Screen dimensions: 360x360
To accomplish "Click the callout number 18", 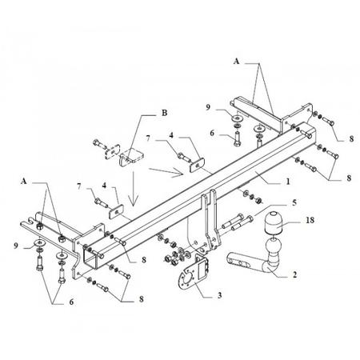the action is (310, 220).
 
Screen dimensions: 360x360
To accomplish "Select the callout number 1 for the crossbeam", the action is (288, 182).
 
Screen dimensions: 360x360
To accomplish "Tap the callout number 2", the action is (294, 274).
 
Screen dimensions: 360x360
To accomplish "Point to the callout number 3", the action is (219, 295).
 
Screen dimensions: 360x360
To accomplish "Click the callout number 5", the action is (294, 202).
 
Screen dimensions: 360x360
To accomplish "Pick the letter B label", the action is (165, 113).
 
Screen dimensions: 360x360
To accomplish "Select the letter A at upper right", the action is (236, 62).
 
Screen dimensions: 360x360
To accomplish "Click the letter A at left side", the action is (24, 182).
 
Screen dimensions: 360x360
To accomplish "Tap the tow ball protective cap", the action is (272, 222).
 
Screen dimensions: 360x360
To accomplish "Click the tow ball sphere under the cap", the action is (273, 246).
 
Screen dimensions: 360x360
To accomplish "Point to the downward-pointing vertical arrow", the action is (133, 190).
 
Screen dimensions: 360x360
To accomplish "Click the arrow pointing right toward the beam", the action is (166, 172).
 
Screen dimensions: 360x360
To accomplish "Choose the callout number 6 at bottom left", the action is (71, 302).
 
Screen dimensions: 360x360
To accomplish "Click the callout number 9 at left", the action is (16, 246).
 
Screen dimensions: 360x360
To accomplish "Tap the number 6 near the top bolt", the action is (212, 133).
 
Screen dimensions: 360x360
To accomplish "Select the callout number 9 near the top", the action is (208, 107).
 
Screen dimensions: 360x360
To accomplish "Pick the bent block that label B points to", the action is (131, 158).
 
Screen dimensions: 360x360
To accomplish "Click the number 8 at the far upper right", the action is (351, 138).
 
